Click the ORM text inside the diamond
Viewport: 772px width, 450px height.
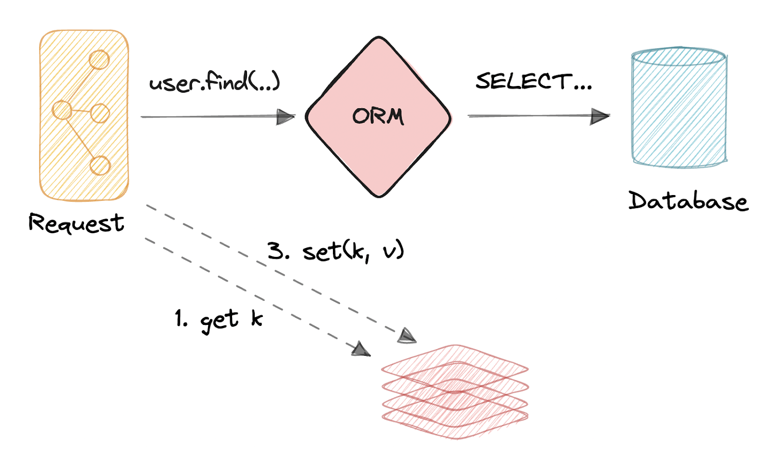pos(378,116)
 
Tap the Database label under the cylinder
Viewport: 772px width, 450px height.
pos(688,201)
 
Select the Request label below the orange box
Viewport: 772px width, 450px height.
pos(76,224)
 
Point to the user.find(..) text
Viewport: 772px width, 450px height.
pos(215,82)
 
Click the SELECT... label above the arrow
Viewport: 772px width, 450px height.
pos(533,82)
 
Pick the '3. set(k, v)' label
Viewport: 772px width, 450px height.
pos(336,251)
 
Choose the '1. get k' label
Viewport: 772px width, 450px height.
pos(219,320)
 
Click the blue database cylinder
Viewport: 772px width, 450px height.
pos(679,109)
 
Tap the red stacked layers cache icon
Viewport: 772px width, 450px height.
pos(455,391)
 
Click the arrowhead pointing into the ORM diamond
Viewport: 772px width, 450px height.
pos(286,117)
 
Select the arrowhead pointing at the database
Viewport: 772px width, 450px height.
pos(600,116)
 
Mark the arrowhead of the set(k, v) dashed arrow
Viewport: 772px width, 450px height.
pos(407,336)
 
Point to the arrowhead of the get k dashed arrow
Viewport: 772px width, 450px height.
pos(361,349)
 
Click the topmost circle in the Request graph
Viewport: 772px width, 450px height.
pos(99,60)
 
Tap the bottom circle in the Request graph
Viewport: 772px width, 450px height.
pos(100,166)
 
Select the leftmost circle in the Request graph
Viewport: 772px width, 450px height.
pos(62,110)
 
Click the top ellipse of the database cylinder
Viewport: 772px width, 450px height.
pos(679,56)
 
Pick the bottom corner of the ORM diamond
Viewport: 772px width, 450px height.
pos(379,196)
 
